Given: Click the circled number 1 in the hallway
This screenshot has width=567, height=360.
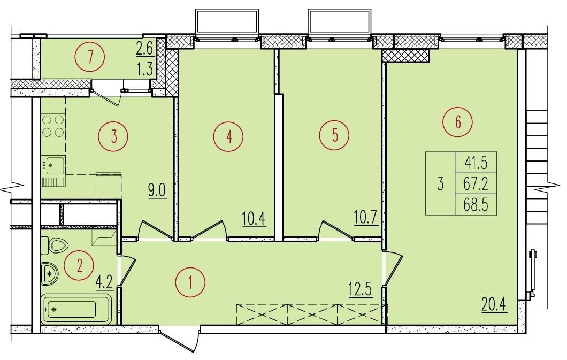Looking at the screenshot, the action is tap(190, 282).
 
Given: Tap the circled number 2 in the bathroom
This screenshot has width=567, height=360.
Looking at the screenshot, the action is tap(79, 266).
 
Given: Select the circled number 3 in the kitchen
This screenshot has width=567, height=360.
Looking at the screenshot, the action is tap(113, 136).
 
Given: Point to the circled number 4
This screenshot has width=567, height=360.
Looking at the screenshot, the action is tap(228, 136).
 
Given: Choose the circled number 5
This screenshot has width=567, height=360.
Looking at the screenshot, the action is tap(334, 135).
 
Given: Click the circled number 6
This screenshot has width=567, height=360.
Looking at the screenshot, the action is tap(457, 122).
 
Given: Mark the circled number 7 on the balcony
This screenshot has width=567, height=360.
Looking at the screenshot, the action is tap(90, 56).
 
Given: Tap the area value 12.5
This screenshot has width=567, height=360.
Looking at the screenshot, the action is tap(361, 289).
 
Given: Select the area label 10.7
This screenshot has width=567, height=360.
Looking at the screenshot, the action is tap(366, 218).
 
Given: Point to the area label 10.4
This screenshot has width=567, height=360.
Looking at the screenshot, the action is tap(254, 219).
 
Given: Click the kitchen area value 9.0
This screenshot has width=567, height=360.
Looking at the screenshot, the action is tap(158, 190).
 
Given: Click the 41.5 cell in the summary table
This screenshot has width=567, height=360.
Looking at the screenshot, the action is tap(476, 163).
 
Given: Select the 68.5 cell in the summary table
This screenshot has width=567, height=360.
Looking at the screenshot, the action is tap(476, 205).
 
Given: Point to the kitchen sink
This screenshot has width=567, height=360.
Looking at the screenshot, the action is tap(53, 165).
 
